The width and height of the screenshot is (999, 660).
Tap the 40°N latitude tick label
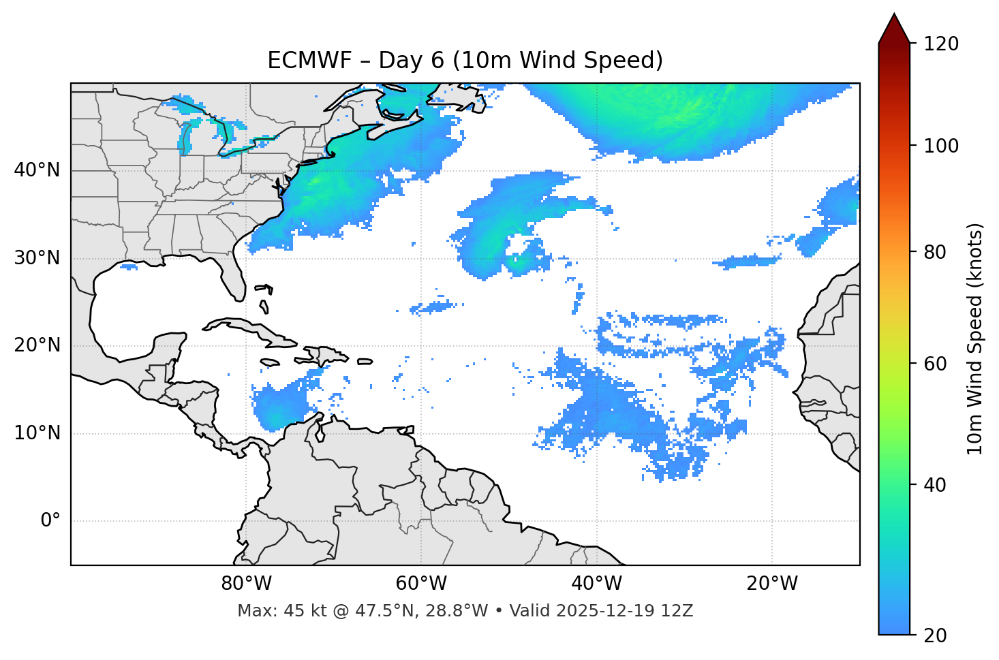pyautogui.click(x=37, y=170)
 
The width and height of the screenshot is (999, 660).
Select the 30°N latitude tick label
pyautogui.click(x=37, y=258)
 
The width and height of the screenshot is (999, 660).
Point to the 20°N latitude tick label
pyautogui.click(x=37, y=345)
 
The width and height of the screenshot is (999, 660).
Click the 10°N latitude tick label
pyautogui.click(x=37, y=433)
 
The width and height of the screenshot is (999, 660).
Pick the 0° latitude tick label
pyautogui.click(x=50, y=521)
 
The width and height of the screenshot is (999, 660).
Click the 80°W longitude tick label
pyautogui.click(x=246, y=584)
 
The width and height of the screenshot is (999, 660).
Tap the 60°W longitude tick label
pyautogui.click(x=421, y=584)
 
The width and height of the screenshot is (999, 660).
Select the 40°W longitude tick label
pyautogui.click(x=597, y=584)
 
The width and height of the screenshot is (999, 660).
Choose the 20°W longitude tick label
pyautogui.click(x=772, y=584)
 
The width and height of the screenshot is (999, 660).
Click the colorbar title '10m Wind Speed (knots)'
pyautogui.click(x=975, y=339)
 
